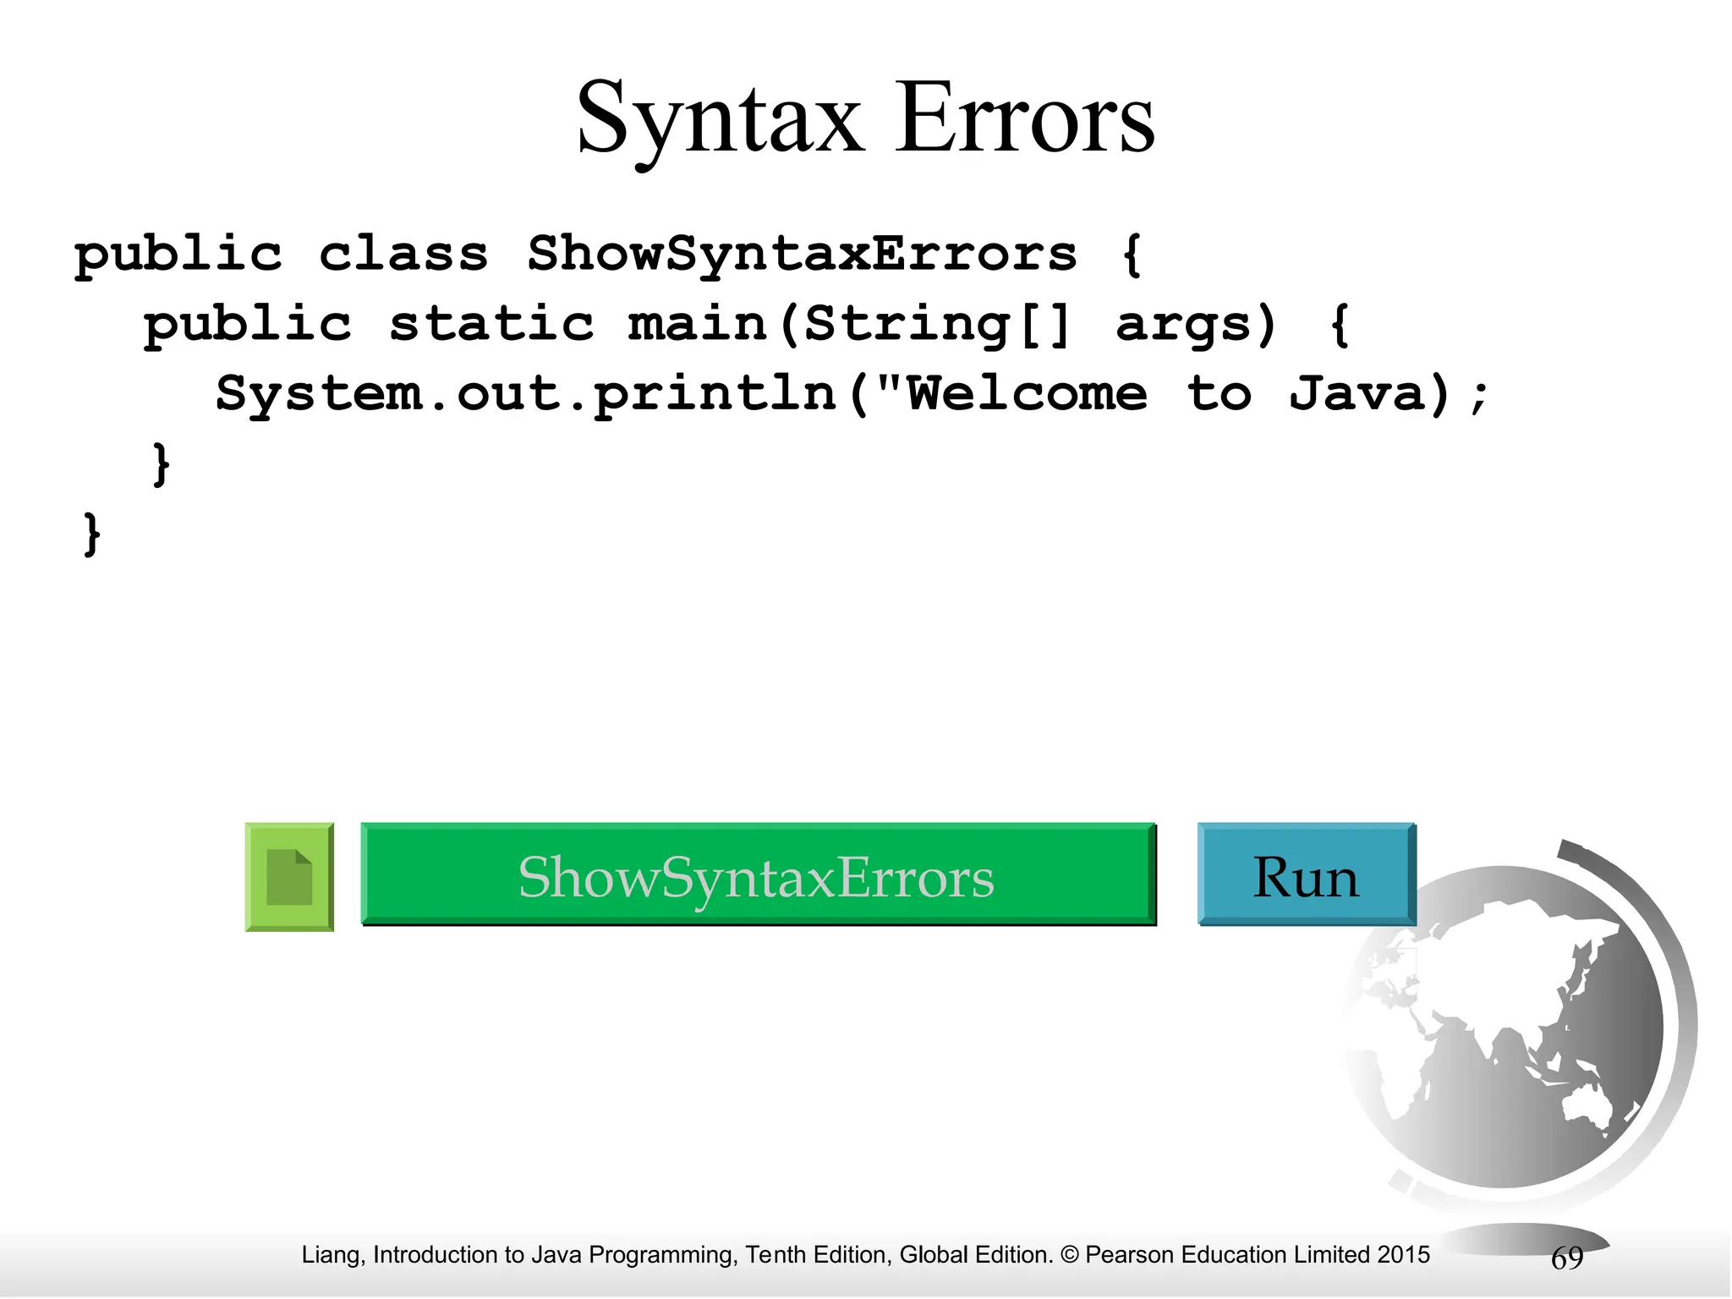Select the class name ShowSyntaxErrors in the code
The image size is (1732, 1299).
(802, 254)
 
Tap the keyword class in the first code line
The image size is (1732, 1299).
(403, 254)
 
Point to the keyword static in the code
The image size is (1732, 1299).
(491, 324)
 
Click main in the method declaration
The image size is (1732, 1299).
(697, 324)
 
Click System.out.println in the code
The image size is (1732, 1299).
(526, 394)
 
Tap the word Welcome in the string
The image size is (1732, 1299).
(1027, 394)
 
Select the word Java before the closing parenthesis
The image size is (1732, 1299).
(1358, 394)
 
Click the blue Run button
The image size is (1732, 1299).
(1306, 875)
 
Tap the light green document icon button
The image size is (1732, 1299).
(289, 877)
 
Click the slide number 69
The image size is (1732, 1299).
(1566, 1258)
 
